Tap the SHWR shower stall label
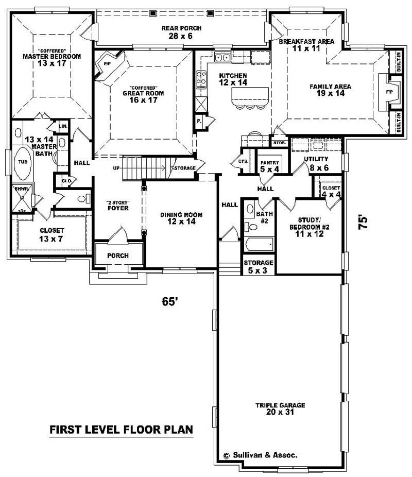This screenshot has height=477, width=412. coord(21,189)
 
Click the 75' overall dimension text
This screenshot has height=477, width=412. coord(364,222)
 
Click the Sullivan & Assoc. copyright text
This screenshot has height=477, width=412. coord(261,455)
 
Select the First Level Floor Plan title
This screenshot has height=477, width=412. coord(121,429)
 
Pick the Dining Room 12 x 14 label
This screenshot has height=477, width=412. coord(181,218)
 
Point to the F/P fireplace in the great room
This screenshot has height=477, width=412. coord(108,64)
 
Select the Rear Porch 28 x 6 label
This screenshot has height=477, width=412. coord(181,32)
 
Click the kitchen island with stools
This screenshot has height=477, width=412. coord(250,96)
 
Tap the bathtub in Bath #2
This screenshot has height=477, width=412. coord(257,244)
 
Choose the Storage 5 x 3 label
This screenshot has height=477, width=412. coord(259,267)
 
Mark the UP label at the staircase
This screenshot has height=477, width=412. coord(117,168)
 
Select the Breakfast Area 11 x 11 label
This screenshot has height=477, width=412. coord(306,44)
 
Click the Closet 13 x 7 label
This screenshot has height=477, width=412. coord(52,234)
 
